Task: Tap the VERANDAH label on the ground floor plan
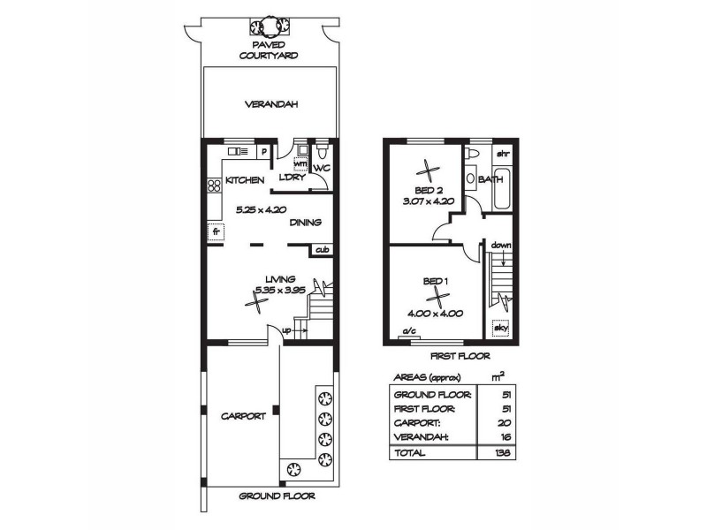[271, 103]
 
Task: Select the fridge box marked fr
[213, 233]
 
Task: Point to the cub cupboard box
[322, 250]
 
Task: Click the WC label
[322, 168]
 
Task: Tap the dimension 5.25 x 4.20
[260, 209]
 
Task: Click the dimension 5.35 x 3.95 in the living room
[278, 289]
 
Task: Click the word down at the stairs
[501, 244]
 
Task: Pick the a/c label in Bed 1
[409, 332]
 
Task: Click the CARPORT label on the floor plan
[243, 416]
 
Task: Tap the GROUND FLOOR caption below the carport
[277, 496]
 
